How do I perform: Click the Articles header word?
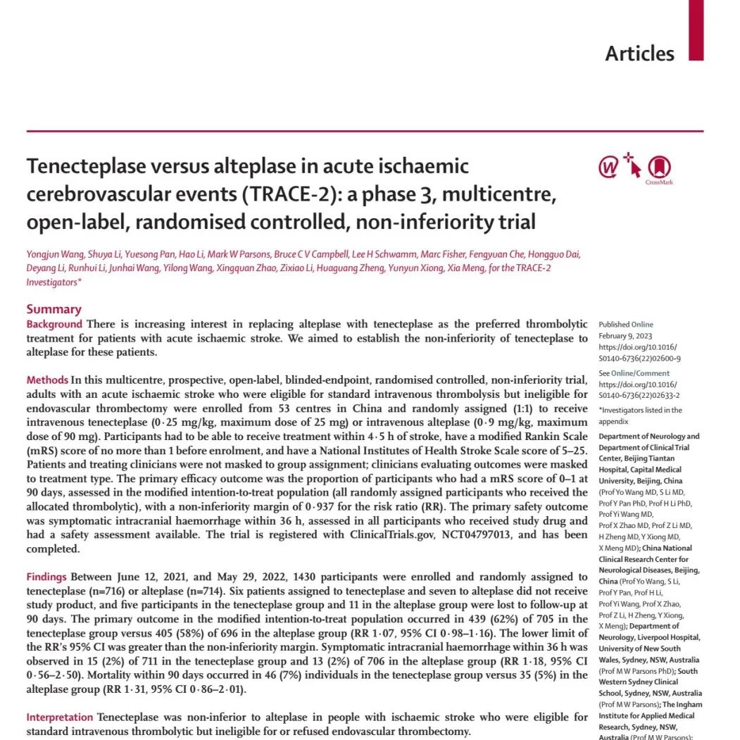(x=639, y=54)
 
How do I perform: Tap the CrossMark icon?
(x=659, y=168)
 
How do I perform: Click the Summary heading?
(x=54, y=309)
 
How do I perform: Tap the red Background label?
(x=54, y=325)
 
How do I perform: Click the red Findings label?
(x=47, y=577)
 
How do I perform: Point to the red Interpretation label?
(x=60, y=717)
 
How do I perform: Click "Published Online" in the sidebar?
(x=626, y=325)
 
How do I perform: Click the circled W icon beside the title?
(x=608, y=168)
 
